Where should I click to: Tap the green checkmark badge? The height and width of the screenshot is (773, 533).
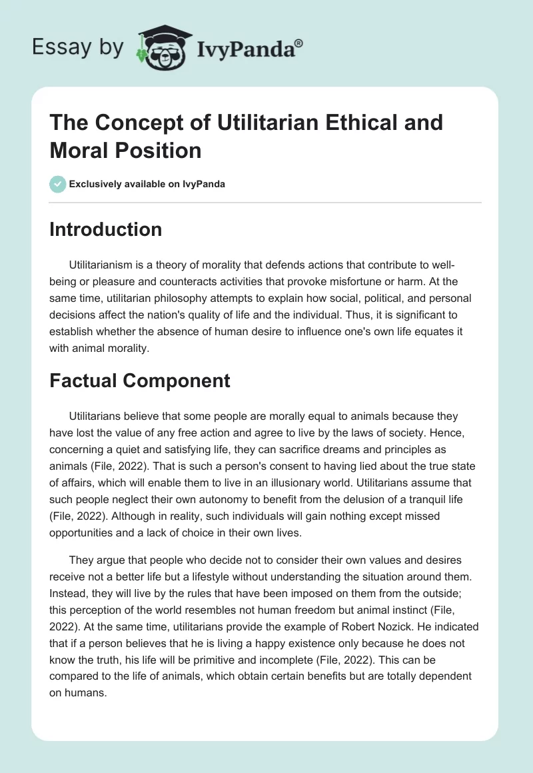click(57, 185)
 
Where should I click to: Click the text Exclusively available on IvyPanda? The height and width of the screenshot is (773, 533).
click(147, 185)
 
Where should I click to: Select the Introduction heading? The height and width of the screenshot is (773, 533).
click(106, 229)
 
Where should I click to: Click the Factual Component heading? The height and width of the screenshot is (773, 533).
click(140, 381)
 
